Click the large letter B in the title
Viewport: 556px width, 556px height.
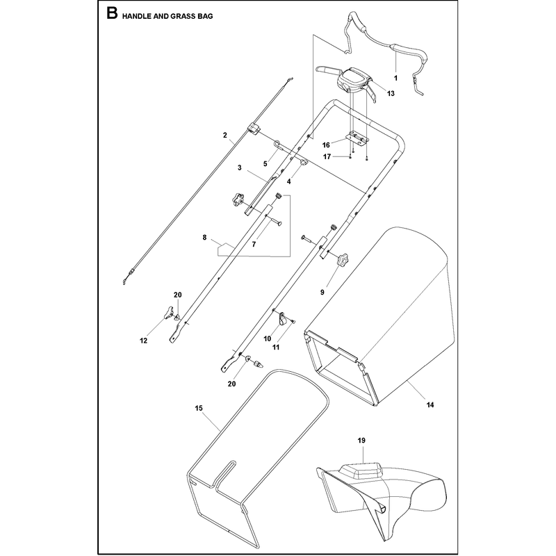[112, 14]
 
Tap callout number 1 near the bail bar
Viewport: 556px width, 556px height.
[395, 78]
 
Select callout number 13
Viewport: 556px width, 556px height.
[391, 94]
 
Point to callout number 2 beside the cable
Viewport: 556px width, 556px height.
[225, 135]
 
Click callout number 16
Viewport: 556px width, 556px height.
[326, 145]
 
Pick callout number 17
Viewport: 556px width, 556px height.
[327, 156]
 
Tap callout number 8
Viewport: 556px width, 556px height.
[204, 238]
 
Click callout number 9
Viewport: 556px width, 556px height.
[322, 292]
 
